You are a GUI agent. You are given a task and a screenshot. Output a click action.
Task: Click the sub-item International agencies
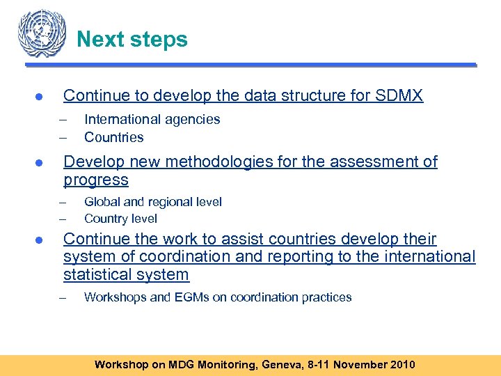tap(152, 119)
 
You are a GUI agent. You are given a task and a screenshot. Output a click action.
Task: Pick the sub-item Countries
tap(113, 137)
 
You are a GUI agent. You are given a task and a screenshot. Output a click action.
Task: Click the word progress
tap(96, 180)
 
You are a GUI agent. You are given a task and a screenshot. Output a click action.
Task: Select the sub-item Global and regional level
tap(152, 202)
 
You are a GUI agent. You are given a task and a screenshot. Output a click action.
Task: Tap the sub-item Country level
tap(120, 219)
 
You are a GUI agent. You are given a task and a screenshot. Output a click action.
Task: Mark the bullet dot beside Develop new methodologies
tap(41, 163)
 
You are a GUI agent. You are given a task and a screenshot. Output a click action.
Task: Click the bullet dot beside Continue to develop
tap(41, 96)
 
